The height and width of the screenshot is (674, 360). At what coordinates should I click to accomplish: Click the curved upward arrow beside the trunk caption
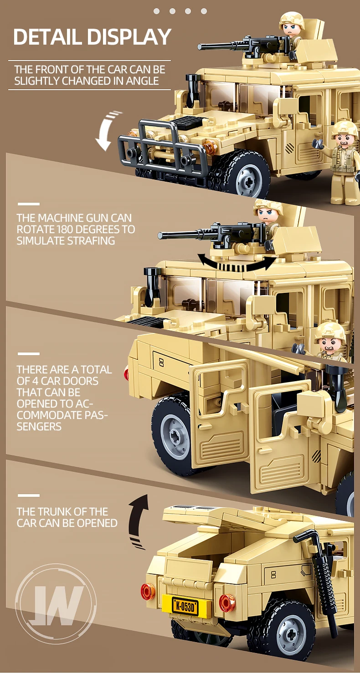[139, 519]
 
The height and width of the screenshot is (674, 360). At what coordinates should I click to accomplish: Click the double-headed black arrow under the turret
[237, 263]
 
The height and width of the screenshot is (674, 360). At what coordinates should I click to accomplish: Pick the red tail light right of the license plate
[227, 603]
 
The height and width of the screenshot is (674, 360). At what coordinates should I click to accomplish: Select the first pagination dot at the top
[157, 11]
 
